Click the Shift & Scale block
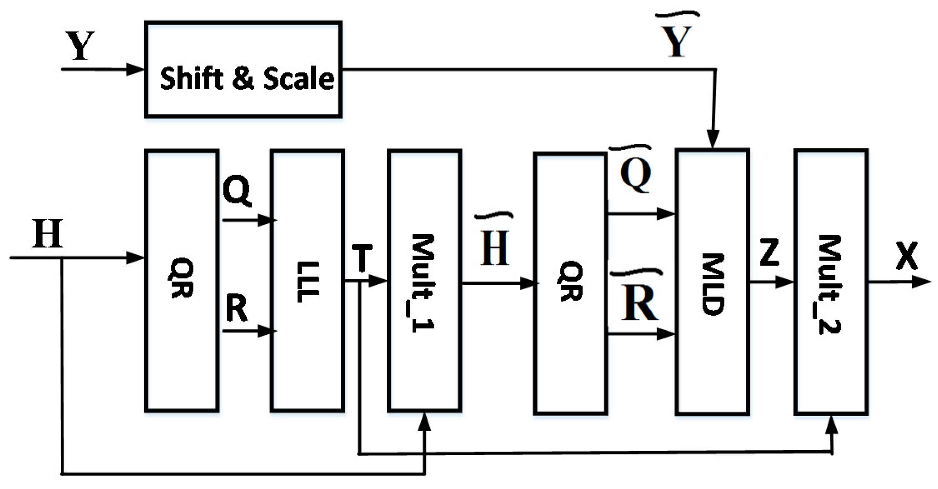click(243, 70)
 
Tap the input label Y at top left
click(80, 46)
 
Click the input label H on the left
click(48, 234)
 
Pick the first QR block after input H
click(182, 281)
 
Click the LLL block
click(308, 281)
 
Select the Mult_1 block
click(424, 281)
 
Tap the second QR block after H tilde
click(570, 283)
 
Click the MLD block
click(712, 282)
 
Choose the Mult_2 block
click(831, 282)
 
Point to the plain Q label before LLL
click(237, 190)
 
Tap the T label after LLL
click(361, 259)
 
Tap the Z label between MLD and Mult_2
click(769, 252)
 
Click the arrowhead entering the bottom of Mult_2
click(832, 425)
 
